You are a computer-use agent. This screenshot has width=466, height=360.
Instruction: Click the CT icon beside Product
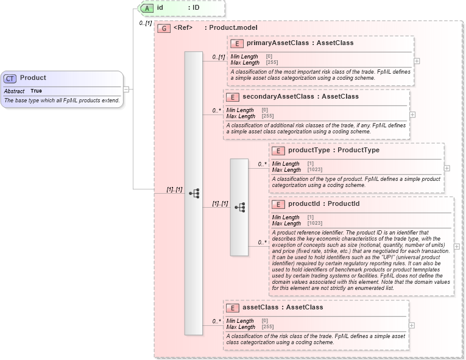click(10, 79)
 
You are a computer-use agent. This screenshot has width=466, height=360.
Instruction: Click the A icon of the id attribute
click(146, 9)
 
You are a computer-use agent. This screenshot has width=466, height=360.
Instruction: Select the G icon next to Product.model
click(163, 28)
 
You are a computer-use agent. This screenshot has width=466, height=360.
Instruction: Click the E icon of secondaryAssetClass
click(232, 97)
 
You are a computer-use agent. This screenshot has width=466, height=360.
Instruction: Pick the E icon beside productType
click(278, 150)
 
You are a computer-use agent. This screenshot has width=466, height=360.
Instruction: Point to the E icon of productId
click(278, 204)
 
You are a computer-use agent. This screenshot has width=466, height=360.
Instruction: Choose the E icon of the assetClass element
click(232, 308)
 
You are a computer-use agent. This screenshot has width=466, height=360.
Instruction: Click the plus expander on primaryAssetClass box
click(417, 61)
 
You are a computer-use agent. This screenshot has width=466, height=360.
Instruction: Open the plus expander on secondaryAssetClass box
click(412, 115)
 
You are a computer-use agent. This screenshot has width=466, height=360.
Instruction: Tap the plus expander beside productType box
click(447, 168)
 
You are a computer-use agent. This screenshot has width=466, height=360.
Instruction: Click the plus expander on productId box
click(457, 246)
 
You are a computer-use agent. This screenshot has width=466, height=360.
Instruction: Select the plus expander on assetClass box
click(412, 325)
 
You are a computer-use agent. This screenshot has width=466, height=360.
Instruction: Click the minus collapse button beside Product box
click(126, 89)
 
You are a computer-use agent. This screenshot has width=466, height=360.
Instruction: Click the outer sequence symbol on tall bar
click(194, 193)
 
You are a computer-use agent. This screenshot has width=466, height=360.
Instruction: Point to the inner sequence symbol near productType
click(239, 207)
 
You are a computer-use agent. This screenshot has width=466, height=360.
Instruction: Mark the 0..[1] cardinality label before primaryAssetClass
click(218, 57)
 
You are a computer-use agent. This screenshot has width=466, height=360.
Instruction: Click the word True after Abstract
click(37, 91)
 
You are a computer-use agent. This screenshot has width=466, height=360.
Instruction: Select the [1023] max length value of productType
click(315, 170)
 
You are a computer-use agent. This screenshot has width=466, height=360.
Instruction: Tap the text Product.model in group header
click(233, 28)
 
